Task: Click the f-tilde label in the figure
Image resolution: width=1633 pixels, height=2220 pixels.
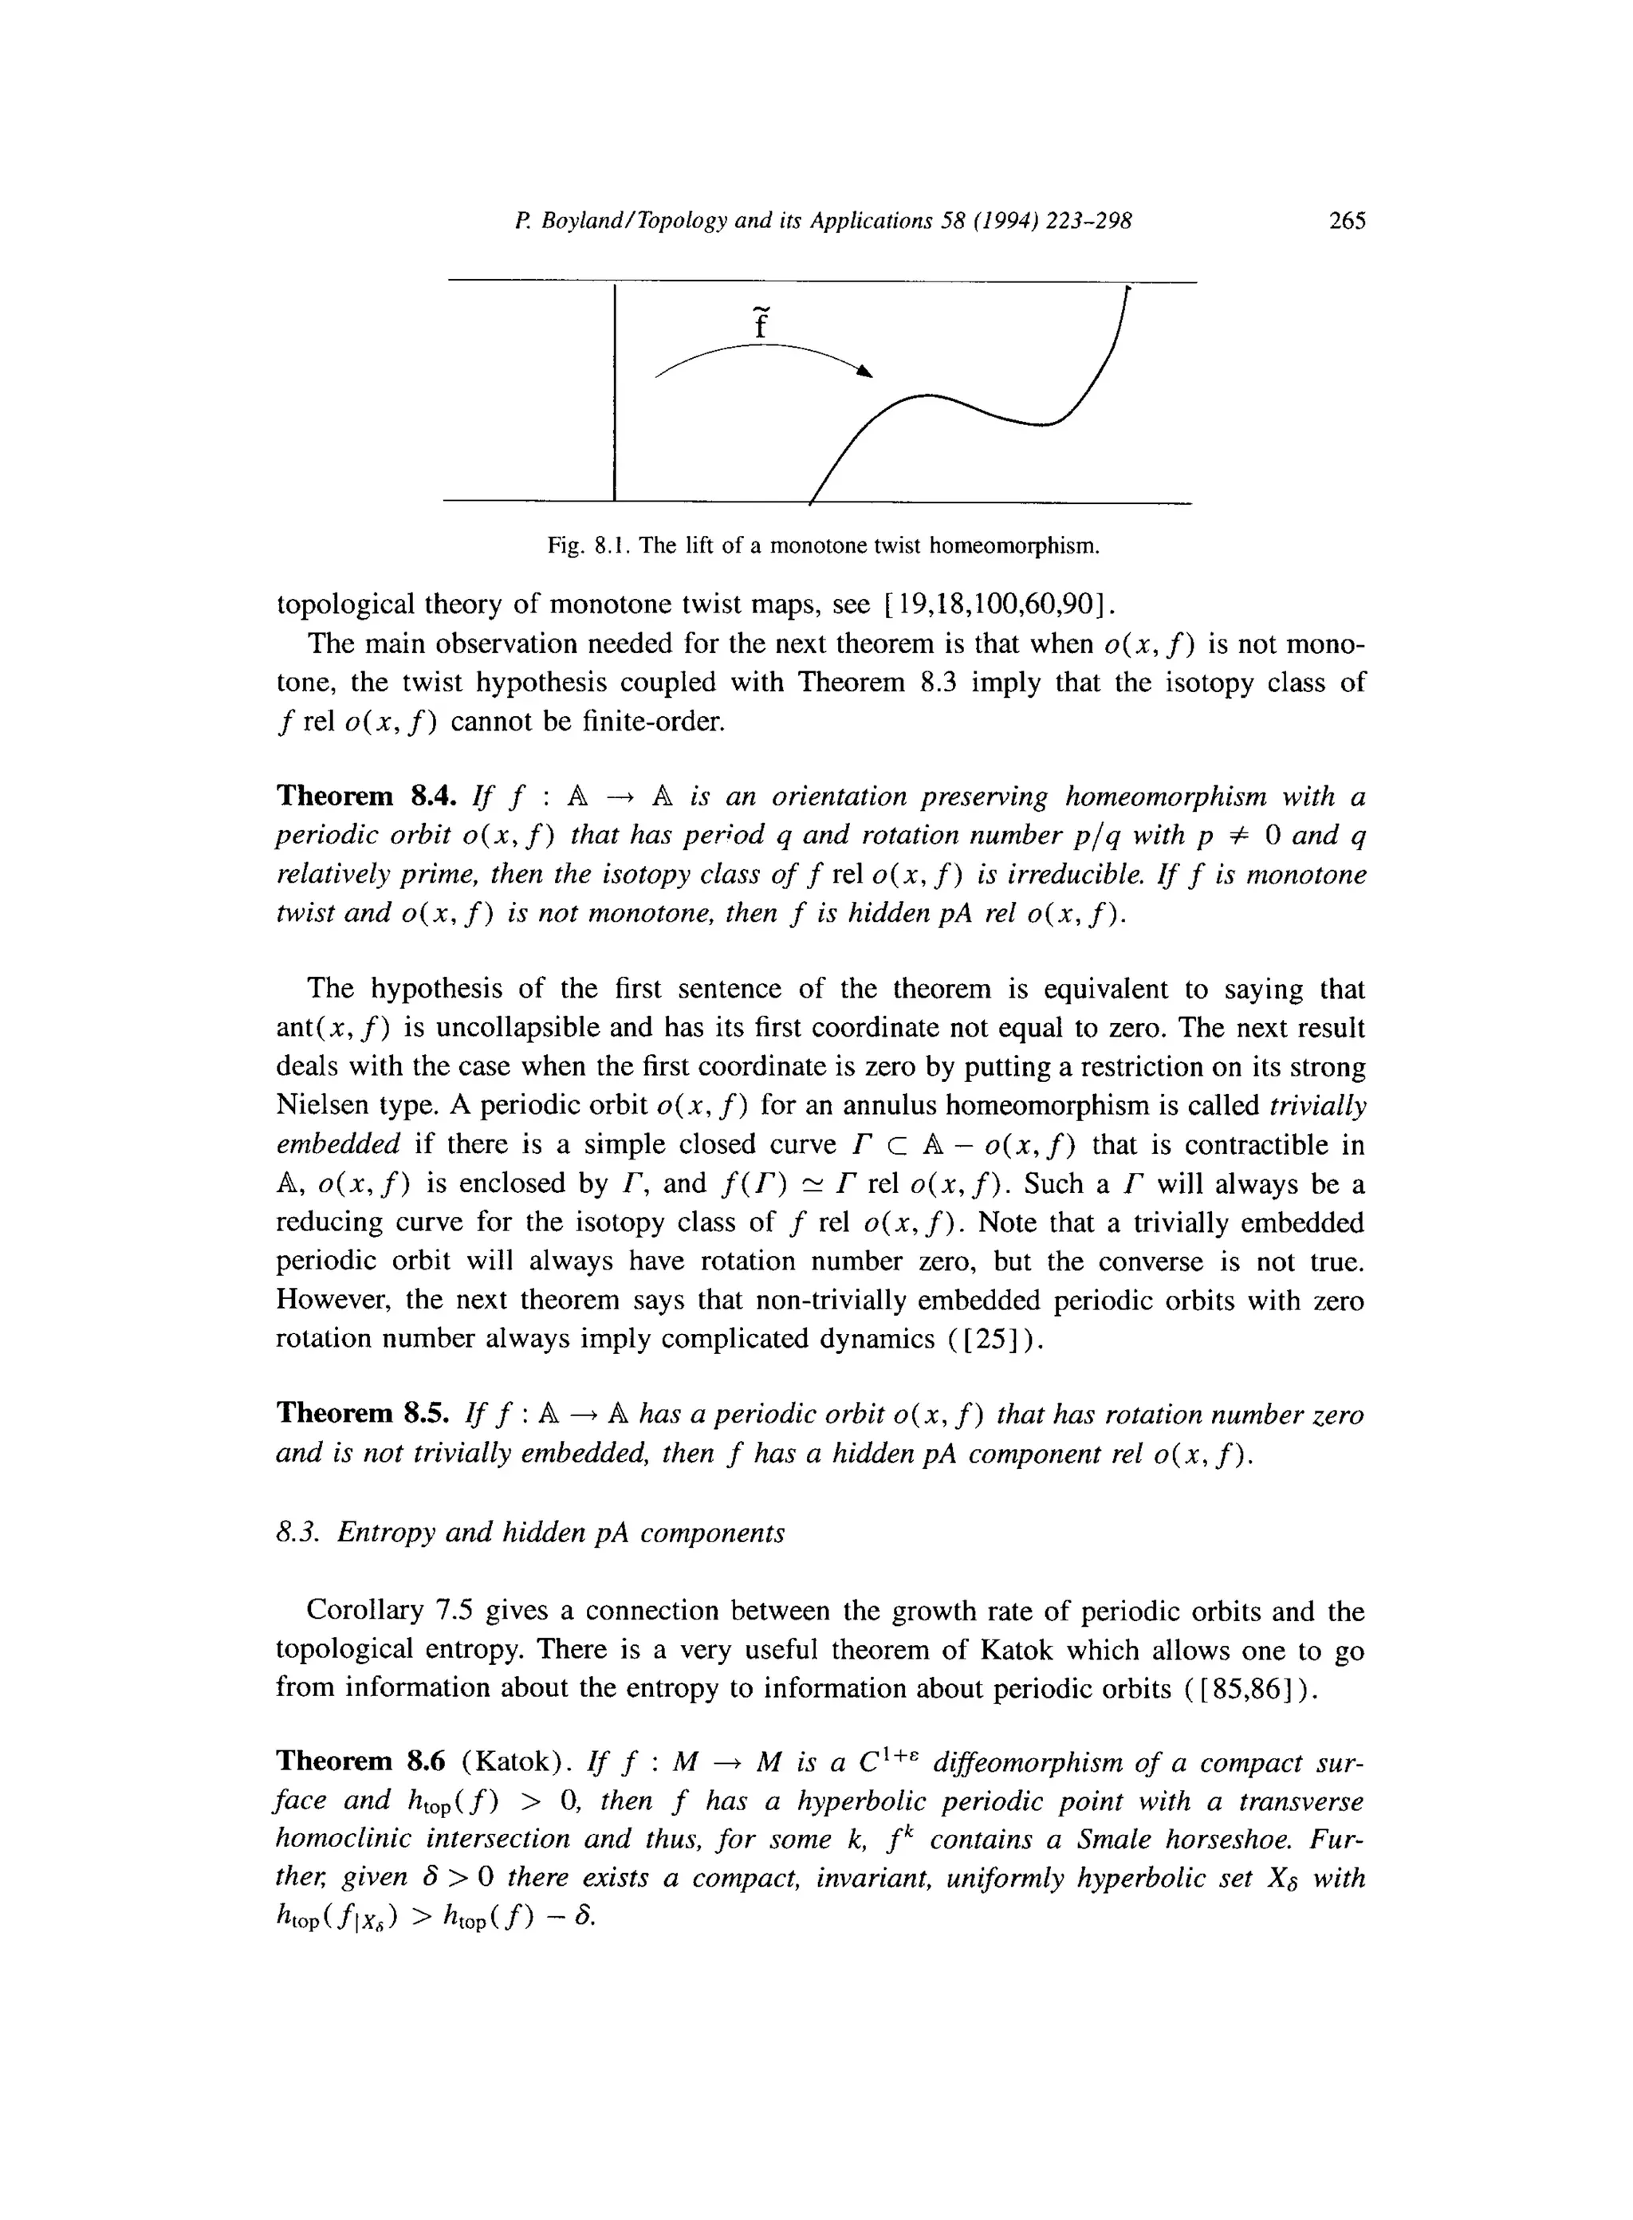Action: click(x=760, y=322)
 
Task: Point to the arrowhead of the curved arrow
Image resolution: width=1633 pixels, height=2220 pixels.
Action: click(x=866, y=371)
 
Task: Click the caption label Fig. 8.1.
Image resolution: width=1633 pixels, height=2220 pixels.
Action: click(x=590, y=545)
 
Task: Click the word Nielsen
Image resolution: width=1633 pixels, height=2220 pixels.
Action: click(x=327, y=1106)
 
